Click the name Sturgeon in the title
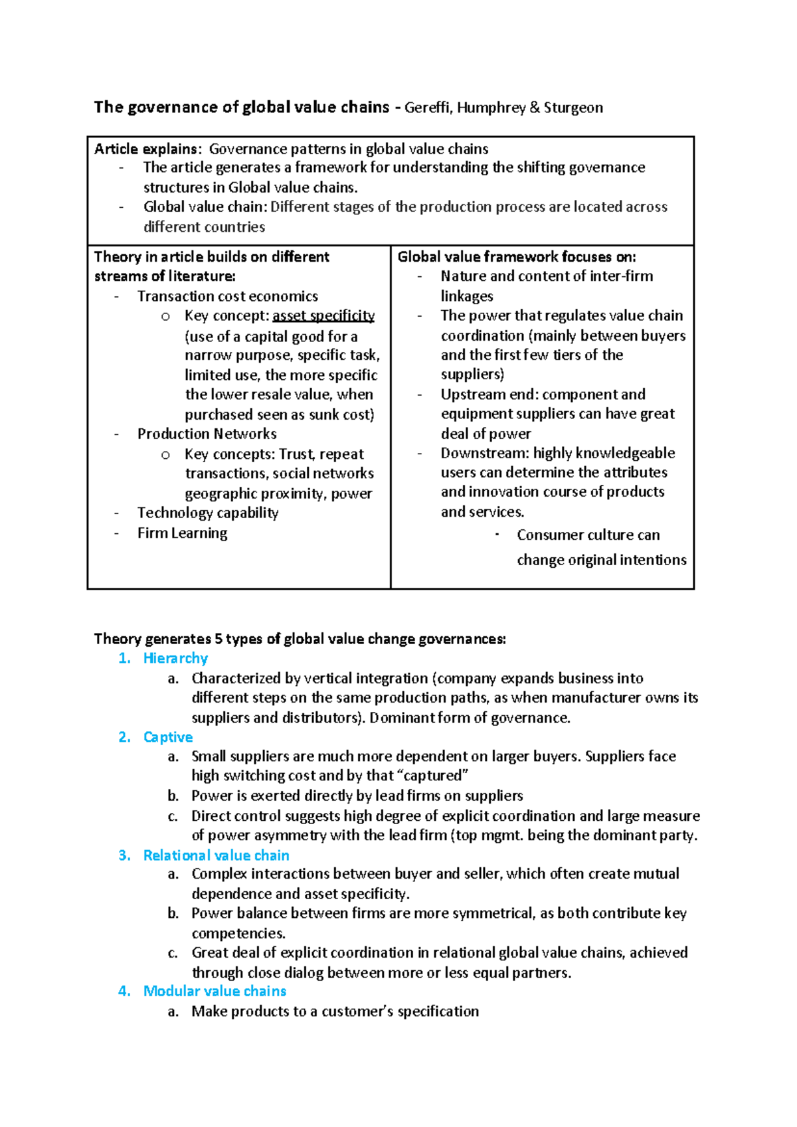point(573,108)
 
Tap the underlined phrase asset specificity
point(323,315)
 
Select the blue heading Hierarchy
point(175,658)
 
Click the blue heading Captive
point(168,737)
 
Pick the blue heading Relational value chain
point(216,855)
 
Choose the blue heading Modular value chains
point(215,991)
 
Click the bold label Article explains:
point(147,149)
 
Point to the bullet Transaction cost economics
point(227,296)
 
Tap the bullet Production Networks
point(207,434)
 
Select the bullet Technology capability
point(208,513)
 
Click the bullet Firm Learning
point(182,533)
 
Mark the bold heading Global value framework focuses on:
point(517,257)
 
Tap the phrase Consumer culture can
point(588,535)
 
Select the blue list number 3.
point(124,855)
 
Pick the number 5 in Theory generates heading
point(218,639)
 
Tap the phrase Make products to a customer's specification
point(335,1011)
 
